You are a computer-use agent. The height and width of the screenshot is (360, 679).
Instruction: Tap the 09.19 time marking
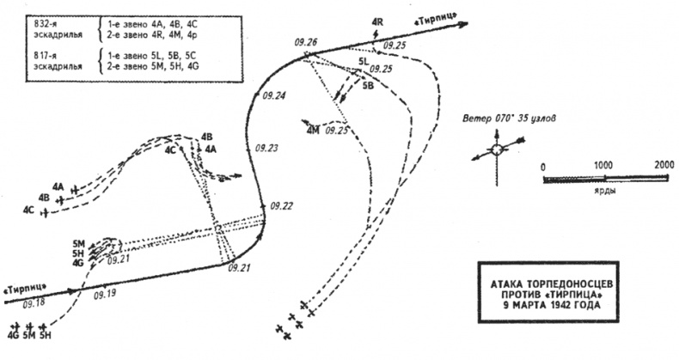[x=104, y=294]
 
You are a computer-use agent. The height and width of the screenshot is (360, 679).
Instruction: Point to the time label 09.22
[x=281, y=205]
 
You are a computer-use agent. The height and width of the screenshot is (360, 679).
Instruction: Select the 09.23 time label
[x=268, y=148]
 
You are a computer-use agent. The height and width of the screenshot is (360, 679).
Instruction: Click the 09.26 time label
[x=305, y=41]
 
